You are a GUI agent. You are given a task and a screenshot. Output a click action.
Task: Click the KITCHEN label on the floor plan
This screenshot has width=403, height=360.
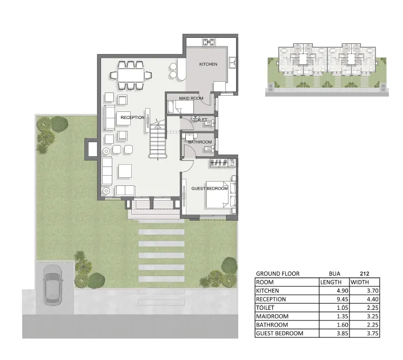point(208,64)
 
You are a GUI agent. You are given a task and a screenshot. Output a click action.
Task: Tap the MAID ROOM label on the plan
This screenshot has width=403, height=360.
point(191,98)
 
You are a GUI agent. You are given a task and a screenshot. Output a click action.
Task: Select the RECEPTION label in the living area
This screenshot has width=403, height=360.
point(132,117)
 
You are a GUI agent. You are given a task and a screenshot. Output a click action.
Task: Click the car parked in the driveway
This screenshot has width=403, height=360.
point(52,285)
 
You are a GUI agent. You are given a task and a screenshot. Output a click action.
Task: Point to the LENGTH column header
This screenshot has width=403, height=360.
point(331,282)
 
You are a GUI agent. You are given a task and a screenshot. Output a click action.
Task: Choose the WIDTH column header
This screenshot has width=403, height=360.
point(360,282)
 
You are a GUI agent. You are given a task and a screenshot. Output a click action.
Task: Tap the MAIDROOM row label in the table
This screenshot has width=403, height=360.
point(272,316)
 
